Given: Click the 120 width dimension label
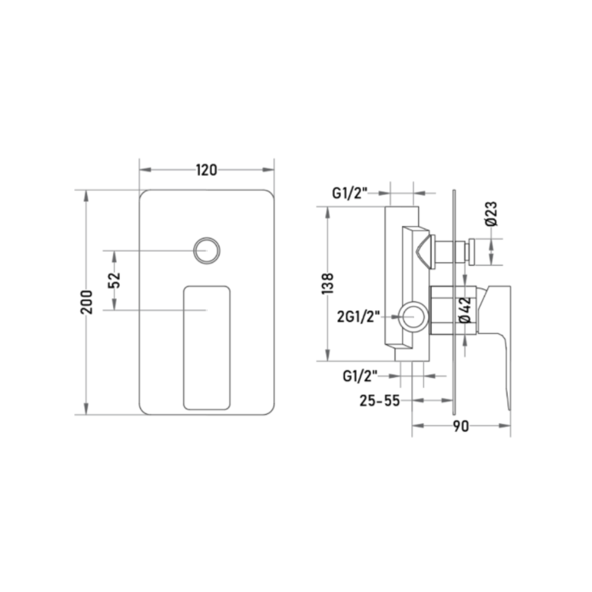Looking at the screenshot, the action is (207, 170).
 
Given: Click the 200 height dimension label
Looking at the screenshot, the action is (87, 302).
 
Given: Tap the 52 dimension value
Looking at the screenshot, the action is (115, 280).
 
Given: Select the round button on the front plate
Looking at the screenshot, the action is (207, 251).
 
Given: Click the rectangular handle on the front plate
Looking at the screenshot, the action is (207, 348).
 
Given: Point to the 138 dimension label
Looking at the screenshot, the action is (328, 283).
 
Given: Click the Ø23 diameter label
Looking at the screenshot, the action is (492, 214).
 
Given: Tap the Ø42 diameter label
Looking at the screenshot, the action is (466, 310).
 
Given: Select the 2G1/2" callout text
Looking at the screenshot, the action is (358, 316).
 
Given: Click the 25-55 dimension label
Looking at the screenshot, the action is (379, 401).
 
